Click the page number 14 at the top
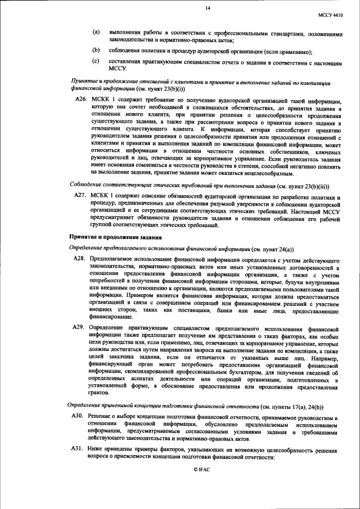208,8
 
